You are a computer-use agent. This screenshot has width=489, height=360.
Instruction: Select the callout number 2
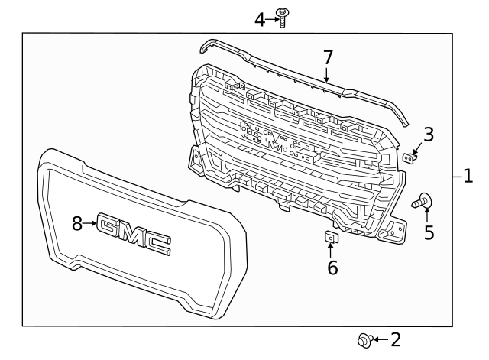394,339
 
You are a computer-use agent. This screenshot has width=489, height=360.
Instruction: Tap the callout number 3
429,135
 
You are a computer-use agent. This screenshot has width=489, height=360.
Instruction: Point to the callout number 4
260,19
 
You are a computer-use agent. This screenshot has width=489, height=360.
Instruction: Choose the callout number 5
429,232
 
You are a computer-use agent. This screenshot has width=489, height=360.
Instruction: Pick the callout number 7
327,57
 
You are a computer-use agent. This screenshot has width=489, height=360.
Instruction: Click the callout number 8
76,223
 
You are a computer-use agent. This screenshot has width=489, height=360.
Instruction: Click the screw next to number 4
282,17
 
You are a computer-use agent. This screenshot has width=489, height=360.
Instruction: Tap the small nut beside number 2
364,339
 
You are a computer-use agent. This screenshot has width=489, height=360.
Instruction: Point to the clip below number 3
410,157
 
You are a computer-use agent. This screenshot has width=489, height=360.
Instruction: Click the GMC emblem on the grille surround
135,233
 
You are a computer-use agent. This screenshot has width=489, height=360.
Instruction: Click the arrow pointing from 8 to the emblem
90,223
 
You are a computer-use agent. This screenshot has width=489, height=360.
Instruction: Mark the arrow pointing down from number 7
327,73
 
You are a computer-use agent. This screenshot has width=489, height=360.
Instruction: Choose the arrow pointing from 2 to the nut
380,339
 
